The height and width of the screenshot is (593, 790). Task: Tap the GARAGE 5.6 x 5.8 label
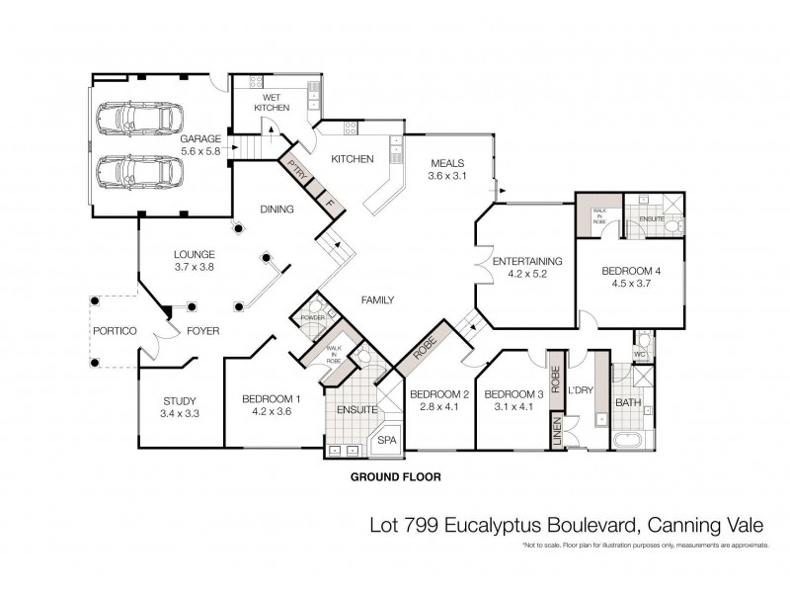point(201,146)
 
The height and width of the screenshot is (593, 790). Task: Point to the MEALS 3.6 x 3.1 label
point(446,169)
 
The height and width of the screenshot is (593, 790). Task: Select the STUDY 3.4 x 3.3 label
point(179,407)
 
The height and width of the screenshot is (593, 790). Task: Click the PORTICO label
point(114,331)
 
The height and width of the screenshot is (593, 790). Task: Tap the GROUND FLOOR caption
point(395,476)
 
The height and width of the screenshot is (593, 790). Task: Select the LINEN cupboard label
point(556,431)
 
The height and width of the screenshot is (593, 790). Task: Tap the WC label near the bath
point(640,353)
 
